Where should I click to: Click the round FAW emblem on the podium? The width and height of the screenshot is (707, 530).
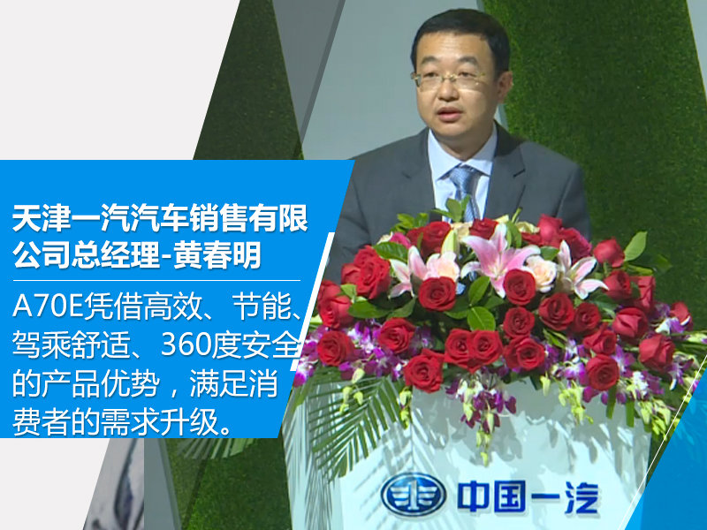413,495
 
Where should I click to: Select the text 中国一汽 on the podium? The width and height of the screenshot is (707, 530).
528,496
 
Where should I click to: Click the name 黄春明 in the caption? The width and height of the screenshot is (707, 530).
217,255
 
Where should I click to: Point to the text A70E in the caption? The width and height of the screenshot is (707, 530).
49,307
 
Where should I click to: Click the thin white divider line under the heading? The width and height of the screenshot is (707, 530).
156,280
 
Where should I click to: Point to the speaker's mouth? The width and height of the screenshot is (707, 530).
449,113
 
